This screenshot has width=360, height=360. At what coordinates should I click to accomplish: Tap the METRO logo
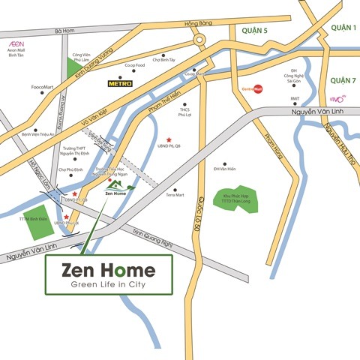click(121, 82)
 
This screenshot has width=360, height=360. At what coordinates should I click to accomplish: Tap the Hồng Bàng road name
click(200, 25)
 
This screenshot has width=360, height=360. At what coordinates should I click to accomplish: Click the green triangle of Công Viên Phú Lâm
click(73, 69)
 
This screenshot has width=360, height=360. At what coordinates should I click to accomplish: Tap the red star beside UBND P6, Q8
click(169, 139)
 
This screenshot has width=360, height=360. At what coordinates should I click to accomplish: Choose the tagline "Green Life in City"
click(109, 285)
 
